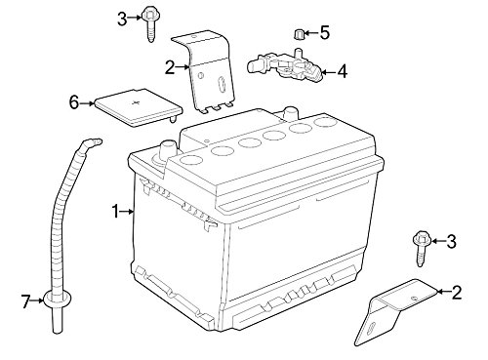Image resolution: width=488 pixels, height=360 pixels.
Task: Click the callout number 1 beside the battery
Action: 115,212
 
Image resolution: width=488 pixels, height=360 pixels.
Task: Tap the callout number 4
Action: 342,71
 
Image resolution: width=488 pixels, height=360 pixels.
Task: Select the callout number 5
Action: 324,32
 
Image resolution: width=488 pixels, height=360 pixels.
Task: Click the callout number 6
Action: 74,103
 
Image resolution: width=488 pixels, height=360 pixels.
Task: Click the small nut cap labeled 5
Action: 299,34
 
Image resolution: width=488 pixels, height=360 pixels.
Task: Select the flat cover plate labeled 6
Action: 138,107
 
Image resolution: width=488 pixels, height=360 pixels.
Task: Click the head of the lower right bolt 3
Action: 421,239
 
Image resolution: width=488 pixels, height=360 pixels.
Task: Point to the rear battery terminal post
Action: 290,113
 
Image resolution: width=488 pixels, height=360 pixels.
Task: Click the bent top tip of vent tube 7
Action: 96,141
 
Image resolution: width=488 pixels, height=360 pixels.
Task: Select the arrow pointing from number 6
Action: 87,103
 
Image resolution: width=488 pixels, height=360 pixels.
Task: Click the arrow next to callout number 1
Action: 127,212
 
